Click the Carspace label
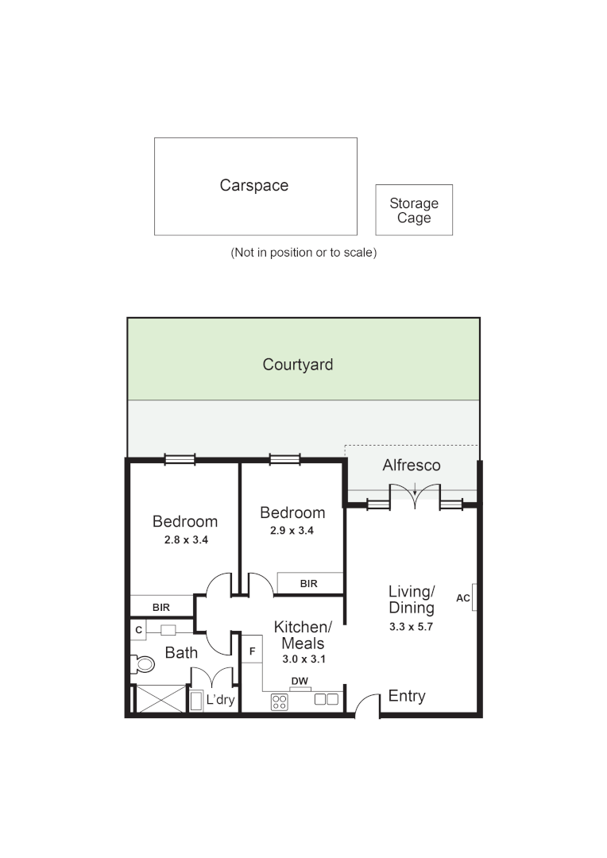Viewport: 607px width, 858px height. pyautogui.click(x=254, y=185)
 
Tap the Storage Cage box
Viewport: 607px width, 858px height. pyautogui.click(x=414, y=211)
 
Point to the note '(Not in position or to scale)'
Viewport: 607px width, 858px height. pyautogui.click(x=303, y=253)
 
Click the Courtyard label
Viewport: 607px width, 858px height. pyautogui.click(x=298, y=365)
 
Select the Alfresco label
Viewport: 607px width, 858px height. pyautogui.click(x=411, y=466)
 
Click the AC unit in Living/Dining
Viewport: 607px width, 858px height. pyautogui.click(x=474, y=598)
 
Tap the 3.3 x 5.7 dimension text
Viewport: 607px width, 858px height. pyautogui.click(x=412, y=626)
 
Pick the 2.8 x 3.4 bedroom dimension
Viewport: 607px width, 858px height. pyautogui.click(x=184, y=539)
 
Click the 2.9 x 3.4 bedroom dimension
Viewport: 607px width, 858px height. pyautogui.click(x=292, y=531)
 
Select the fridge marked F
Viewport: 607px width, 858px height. pyautogui.click(x=252, y=652)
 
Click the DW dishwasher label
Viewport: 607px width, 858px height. pyautogui.click(x=300, y=682)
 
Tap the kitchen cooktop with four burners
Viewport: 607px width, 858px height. pyautogui.click(x=280, y=701)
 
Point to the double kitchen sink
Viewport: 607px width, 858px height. pyautogui.click(x=327, y=699)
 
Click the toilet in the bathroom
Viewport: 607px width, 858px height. pyautogui.click(x=142, y=663)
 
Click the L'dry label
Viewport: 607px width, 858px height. pyautogui.click(x=220, y=701)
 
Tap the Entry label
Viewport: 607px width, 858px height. pyautogui.click(x=407, y=697)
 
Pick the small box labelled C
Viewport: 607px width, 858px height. pyautogui.click(x=138, y=630)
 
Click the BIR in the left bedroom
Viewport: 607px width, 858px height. pyautogui.click(x=161, y=607)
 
